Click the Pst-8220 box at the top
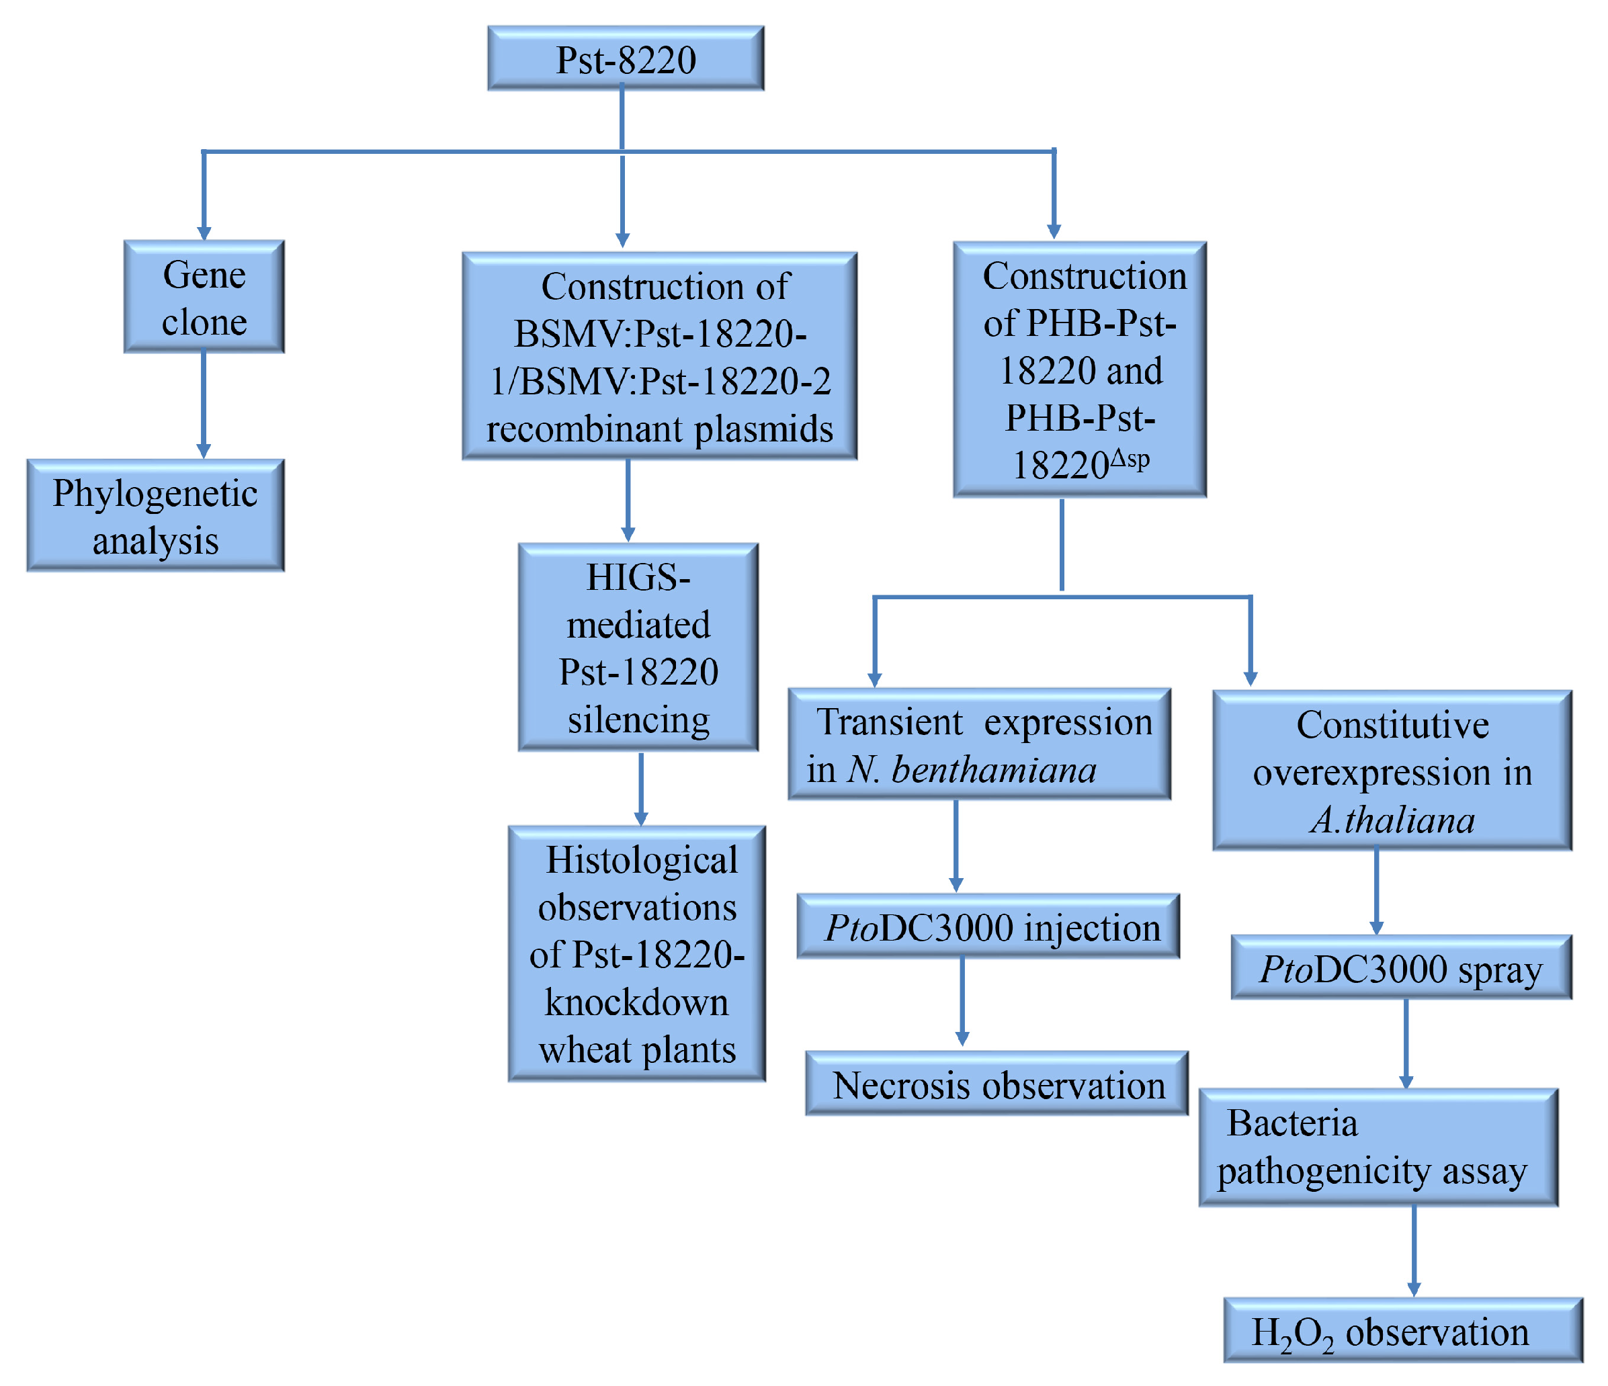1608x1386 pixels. click(626, 59)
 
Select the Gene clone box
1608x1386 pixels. click(204, 297)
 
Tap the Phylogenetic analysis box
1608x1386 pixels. click(155, 516)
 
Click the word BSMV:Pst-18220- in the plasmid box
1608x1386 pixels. click(660, 335)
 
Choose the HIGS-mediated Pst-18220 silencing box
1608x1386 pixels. click(638, 647)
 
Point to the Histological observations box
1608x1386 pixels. click(636, 954)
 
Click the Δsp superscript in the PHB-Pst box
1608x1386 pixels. click(1129, 460)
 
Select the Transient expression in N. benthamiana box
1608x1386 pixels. click(980, 744)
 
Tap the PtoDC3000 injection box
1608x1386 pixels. click(988, 926)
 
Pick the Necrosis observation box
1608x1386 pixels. click(997, 1084)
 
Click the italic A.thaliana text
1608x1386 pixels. click(1392, 820)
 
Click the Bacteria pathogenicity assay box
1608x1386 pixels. click(1378, 1147)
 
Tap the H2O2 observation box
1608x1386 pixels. click(1402, 1331)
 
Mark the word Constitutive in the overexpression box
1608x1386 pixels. click(1392, 725)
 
